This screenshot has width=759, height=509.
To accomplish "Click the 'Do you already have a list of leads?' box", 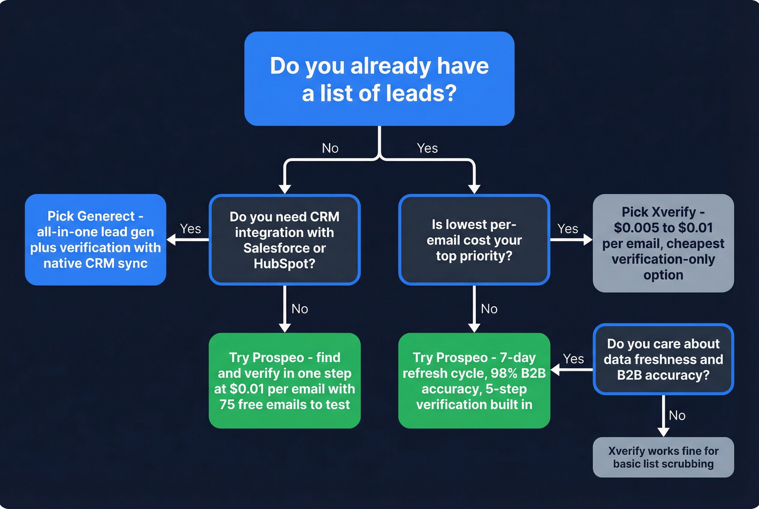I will [x=379, y=79].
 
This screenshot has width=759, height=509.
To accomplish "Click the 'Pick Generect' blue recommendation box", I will [x=95, y=240].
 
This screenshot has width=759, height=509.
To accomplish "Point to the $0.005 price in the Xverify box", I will [x=636, y=228].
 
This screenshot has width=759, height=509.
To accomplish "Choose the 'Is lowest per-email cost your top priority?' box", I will [x=474, y=240].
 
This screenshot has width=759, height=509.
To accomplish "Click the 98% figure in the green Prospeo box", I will [x=503, y=373].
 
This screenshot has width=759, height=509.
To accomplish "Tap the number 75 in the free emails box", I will [x=227, y=404].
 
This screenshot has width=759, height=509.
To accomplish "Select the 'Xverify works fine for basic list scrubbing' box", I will [x=663, y=457].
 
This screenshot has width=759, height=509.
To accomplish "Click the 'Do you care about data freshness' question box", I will [x=663, y=359].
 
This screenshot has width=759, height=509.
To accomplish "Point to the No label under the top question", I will [x=330, y=148].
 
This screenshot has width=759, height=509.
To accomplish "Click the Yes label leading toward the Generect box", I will [x=190, y=229].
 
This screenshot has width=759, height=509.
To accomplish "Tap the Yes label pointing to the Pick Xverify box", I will [x=568, y=229].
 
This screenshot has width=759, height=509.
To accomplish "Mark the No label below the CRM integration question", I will [x=300, y=308].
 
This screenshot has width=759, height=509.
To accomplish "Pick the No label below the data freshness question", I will [x=677, y=415].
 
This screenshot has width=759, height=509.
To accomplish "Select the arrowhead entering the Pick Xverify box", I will [x=588, y=240].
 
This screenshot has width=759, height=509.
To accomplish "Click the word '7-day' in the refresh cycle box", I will [x=517, y=358].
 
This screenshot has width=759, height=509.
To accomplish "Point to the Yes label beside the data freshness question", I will [x=573, y=359].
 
